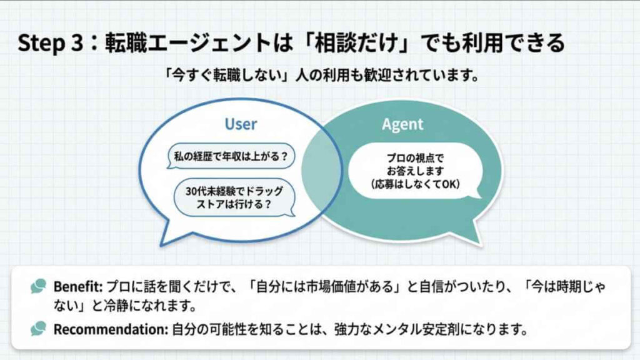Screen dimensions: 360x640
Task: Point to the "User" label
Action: coord(241,124)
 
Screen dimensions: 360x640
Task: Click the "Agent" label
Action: coord(402,124)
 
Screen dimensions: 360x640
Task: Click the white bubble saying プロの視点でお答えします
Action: coord(414,169)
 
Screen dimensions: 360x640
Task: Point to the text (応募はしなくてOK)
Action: coord(414,184)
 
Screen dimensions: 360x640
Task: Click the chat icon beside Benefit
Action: coord(39,286)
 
